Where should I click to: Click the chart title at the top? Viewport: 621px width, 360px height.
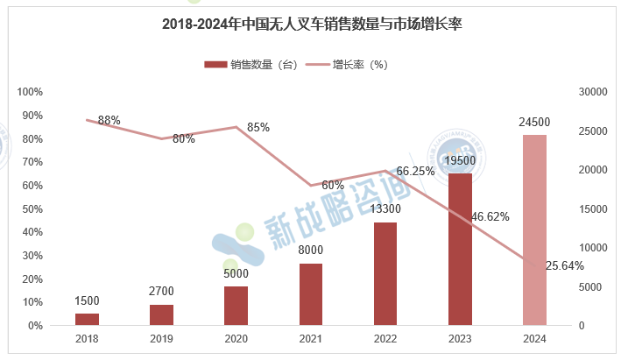tap(312, 25)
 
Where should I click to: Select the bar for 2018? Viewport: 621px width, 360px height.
tap(87, 319)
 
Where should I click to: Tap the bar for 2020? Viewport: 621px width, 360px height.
tap(236, 306)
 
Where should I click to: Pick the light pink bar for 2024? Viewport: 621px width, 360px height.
tap(534, 229)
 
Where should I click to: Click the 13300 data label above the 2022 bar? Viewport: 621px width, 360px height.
tap(386, 209)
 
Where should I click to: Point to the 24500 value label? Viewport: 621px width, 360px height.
tap(534, 122)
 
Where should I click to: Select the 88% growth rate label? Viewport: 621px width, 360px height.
tap(109, 120)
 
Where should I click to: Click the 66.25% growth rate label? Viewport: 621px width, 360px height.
tap(416, 172)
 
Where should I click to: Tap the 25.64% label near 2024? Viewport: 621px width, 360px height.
tap(565, 266)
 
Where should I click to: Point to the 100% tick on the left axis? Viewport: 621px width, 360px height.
tap(30, 92)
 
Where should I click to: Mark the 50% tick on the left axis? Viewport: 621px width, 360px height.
tap(32, 208)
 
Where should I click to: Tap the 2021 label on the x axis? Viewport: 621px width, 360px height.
tap(311, 338)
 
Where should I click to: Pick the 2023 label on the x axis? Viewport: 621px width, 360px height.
tap(460, 338)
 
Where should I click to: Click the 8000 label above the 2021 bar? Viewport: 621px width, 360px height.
tap(311, 251)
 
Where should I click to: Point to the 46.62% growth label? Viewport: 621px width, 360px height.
tap(490, 216)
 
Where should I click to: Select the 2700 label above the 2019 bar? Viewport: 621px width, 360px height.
tap(162, 291)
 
